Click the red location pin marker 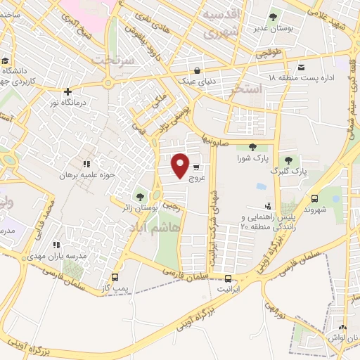point(181,165)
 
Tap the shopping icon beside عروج point(195,167)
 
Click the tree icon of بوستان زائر point(140,197)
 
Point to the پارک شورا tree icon point(252,147)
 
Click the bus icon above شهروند point(314,199)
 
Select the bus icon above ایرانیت point(227,278)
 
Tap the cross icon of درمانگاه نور point(67,91)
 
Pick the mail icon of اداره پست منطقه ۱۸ point(302,67)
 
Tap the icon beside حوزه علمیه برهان point(87,164)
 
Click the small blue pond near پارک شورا point(261,186)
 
